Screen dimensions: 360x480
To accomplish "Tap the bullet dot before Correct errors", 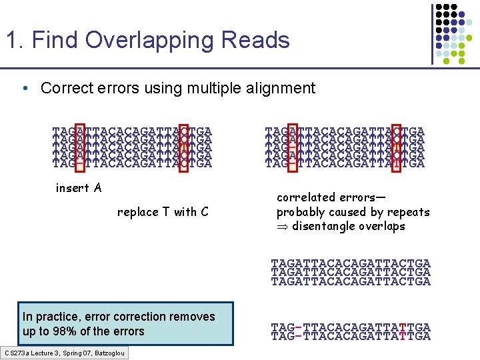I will pyautogui.click(x=25, y=89).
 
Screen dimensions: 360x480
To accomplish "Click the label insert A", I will pyautogui.click(x=79, y=188).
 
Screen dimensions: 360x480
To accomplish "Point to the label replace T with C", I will pyautogui.click(x=163, y=212).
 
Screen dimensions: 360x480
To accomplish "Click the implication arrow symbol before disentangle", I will pyautogui.click(x=283, y=227).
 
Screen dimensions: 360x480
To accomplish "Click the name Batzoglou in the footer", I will pyautogui.click(x=108, y=352).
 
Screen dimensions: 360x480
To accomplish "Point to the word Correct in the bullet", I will pyautogui.click(x=63, y=88).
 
